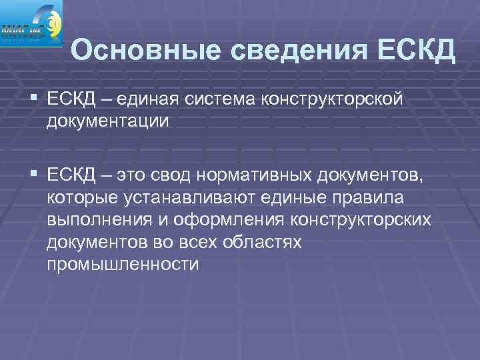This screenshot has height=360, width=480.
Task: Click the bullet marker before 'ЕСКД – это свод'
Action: pos(35,175)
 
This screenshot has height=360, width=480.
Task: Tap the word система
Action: pos(217,100)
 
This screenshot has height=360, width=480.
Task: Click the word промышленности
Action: pos(123,265)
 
